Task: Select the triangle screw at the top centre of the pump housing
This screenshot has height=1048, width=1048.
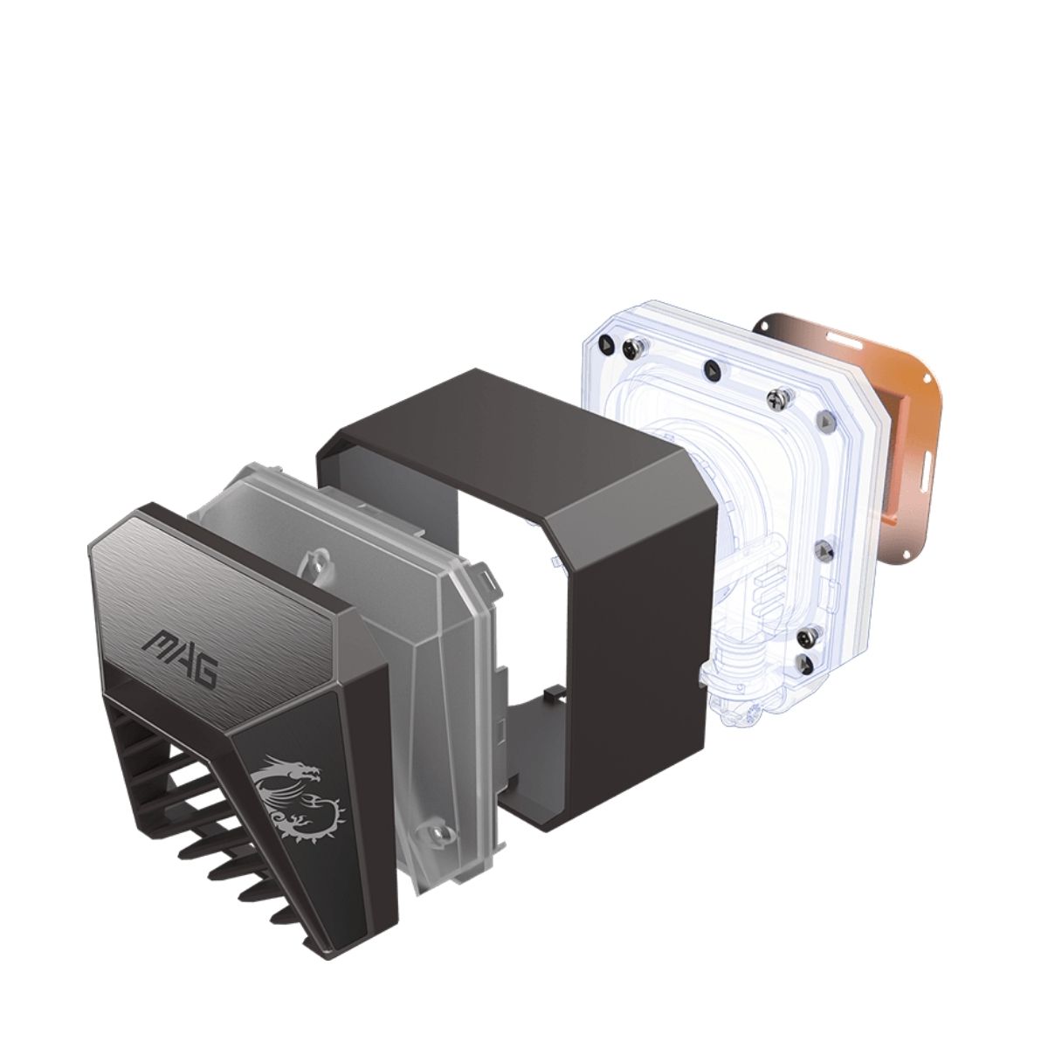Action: [x=712, y=370]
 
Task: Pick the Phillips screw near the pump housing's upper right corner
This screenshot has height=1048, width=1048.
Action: [x=775, y=398]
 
